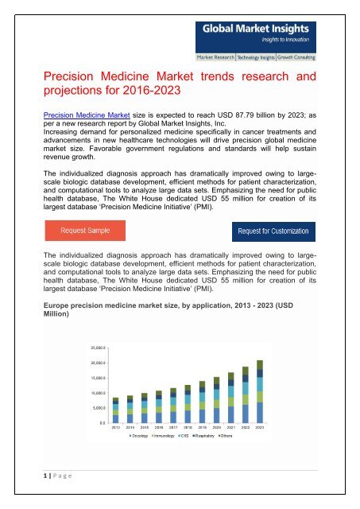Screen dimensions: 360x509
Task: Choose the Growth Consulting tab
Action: (311, 59)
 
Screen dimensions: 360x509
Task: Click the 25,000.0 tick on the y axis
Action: (99, 348)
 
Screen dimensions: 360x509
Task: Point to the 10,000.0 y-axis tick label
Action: (99, 393)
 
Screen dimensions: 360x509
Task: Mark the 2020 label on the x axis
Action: (215, 428)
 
